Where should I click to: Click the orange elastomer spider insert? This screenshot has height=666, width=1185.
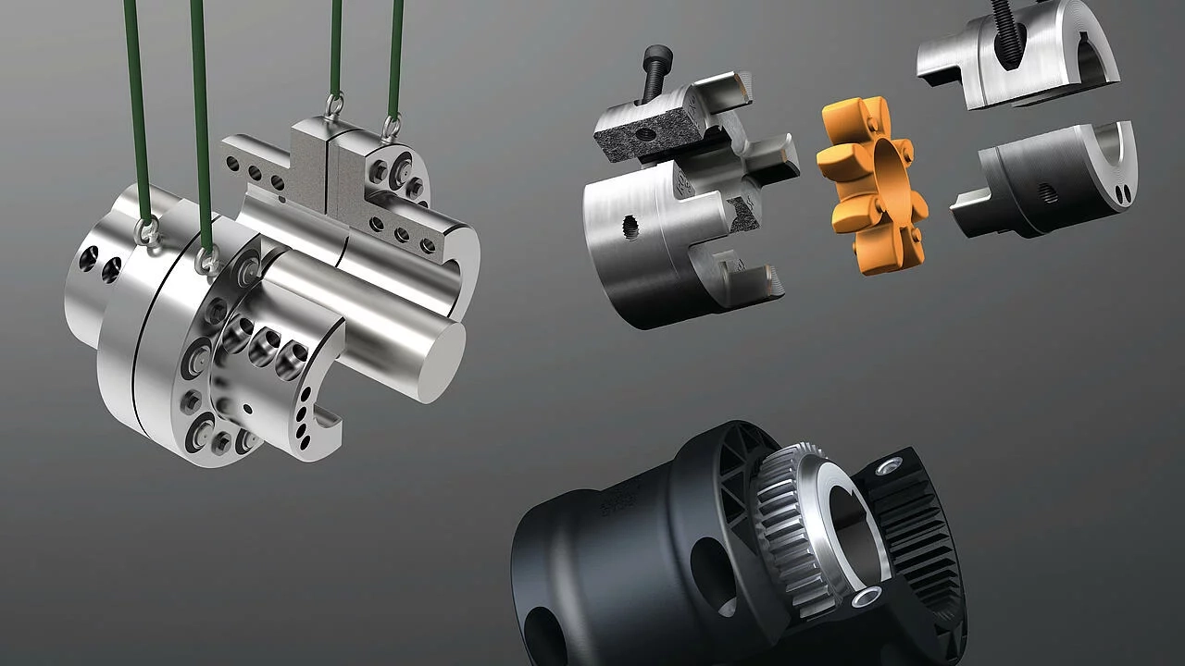click(x=870, y=185)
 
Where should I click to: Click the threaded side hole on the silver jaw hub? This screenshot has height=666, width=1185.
click(x=631, y=227)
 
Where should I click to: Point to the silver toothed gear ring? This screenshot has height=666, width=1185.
click(x=796, y=518)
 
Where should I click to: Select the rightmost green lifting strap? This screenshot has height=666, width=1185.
click(x=397, y=55)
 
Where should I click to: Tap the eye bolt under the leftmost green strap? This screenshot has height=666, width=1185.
click(x=146, y=233)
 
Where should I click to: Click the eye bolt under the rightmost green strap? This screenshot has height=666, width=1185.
click(x=392, y=128)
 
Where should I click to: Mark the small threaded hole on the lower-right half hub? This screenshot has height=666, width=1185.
click(x=1048, y=193)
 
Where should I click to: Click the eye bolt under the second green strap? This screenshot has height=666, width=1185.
click(x=208, y=261)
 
